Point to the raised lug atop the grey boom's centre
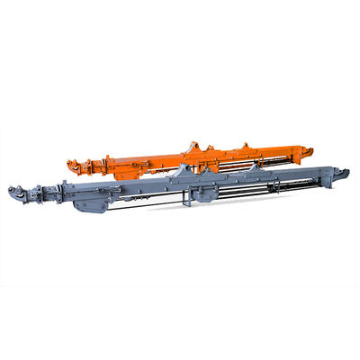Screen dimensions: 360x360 coord(184,169)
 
